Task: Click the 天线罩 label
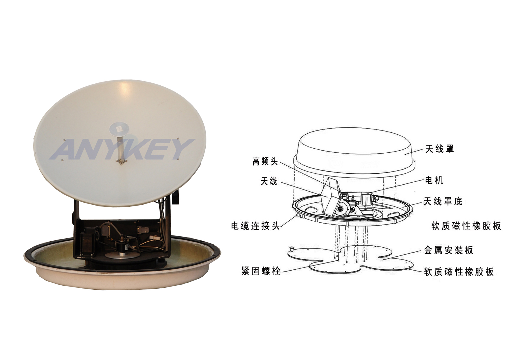tap(439, 149)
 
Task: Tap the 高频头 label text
tap(265, 161)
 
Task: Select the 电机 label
tap(434, 181)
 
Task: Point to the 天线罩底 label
tap(443, 201)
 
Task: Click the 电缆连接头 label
tap(255, 226)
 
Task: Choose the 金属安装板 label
tap(449, 250)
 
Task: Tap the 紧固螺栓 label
tap(261, 271)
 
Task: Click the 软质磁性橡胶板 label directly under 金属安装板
tap(459, 272)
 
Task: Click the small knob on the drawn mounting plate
tap(292, 249)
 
